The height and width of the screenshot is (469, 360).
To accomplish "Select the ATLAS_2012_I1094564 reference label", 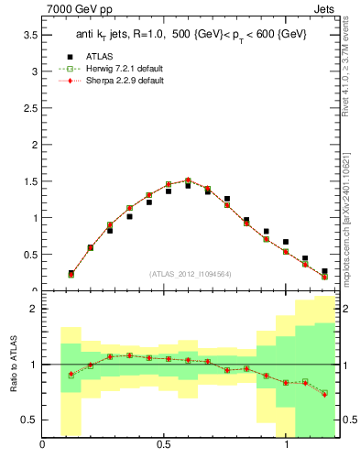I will pyautogui.click(x=190, y=274).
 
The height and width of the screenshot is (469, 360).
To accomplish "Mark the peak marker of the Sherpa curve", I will pyautogui.click(x=188, y=180).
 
